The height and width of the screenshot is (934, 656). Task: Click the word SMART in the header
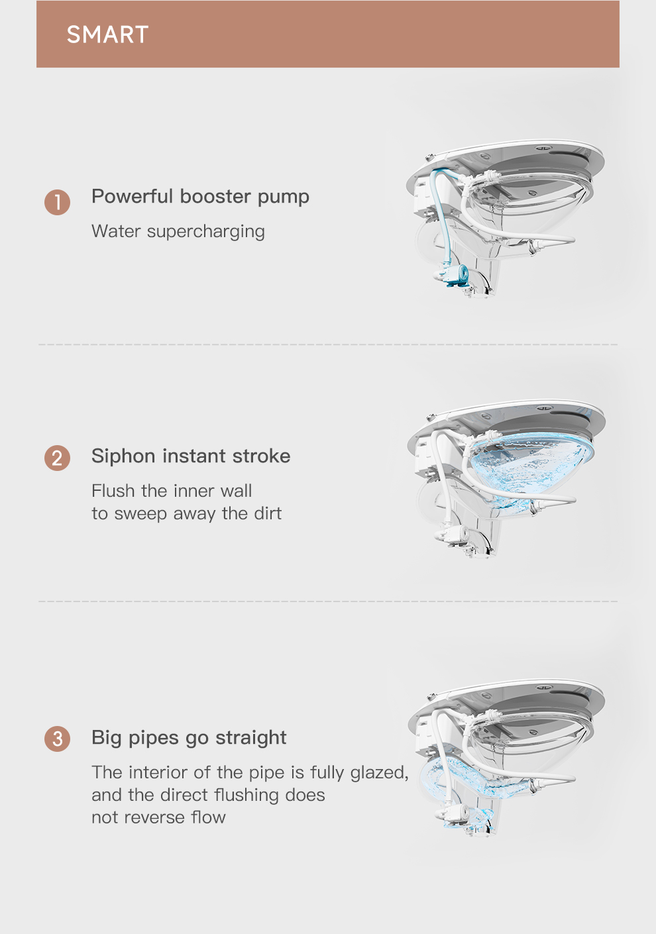coord(107,34)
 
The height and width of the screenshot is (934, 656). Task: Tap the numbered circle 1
coord(57,202)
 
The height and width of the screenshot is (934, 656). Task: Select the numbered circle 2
coord(57,458)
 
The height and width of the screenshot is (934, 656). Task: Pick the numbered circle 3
coord(57,739)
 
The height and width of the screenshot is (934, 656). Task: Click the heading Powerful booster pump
coord(200,197)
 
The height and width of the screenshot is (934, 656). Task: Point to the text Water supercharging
coord(178,231)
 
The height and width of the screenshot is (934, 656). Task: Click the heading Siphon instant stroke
coord(191,456)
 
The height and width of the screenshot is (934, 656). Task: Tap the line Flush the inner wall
coord(172,491)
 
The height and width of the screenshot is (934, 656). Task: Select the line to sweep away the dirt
coord(186,514)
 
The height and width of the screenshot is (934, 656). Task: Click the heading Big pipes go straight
coord(189,738)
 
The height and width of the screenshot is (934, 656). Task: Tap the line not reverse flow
coord(158,817)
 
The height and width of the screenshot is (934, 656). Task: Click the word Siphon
coord(123,456)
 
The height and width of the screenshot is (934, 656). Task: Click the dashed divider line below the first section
coord(328,344)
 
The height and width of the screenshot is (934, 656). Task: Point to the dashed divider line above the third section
coord(328,601)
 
